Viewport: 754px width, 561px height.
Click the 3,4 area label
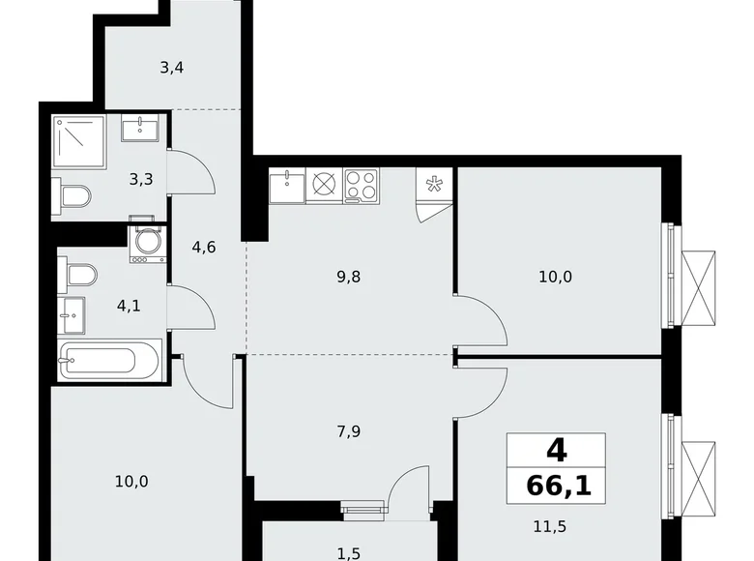click(x=172, y=68)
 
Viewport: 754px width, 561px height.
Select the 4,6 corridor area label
click(x=203, y=247)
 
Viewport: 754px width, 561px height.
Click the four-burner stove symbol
click(x=362, y=185)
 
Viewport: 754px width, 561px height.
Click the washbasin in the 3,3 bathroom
click(x=145, y=127)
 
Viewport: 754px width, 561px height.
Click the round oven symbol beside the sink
click(x=324, y=185)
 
